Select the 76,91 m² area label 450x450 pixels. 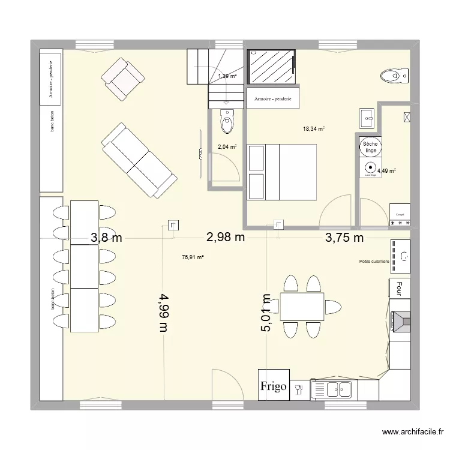193,257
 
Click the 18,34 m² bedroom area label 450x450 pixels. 314,128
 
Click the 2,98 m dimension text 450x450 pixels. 226,237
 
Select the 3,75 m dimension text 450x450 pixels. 344,238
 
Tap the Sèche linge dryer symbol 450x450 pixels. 369,146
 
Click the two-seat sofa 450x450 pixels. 139,160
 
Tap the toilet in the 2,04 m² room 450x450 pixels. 227,122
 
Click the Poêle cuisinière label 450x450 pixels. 374,262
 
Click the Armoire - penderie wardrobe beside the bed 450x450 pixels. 273,99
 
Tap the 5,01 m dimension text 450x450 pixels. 267,312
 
